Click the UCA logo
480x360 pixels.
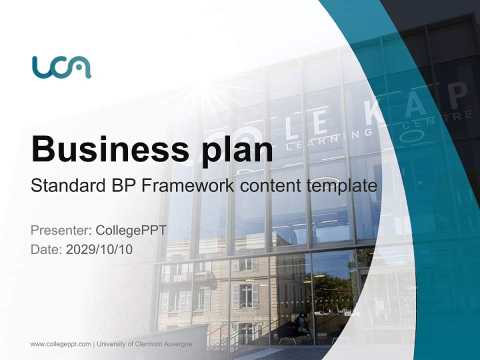[61, 67]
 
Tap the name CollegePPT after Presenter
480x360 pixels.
[130, 230]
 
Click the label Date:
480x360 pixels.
[46, 249]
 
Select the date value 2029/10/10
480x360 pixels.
[99, 249]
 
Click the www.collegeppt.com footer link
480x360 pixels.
[60, 344]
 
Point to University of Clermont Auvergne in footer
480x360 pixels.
[144, 344]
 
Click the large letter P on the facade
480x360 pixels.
[457, 95]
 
